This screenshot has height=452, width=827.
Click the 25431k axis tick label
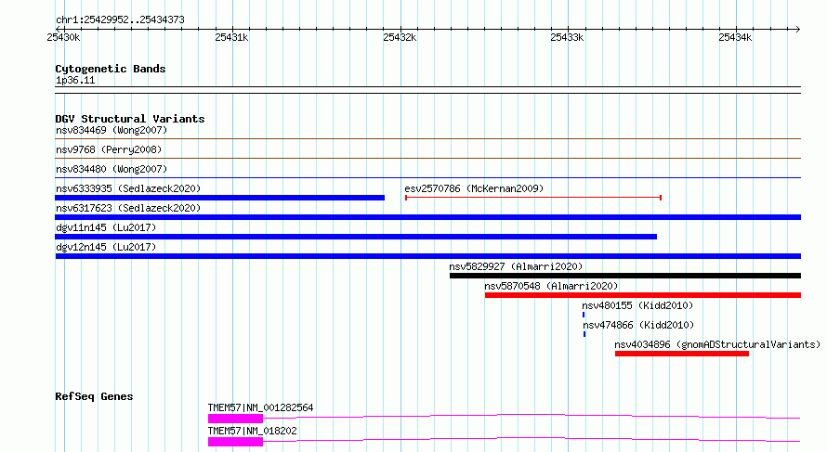tap(231, 37)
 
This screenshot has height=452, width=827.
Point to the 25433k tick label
tap(567, 37)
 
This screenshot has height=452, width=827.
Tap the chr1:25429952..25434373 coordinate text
tap(120, 20)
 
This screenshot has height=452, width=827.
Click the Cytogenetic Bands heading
tap(111, 69)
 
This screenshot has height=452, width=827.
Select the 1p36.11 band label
tap(75, 80)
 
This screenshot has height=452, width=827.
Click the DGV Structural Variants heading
tap(130, 119)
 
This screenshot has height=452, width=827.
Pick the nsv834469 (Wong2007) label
tap(112, 130)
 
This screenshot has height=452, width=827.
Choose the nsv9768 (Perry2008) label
tap(109, 149)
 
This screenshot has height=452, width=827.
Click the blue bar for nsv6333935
tap(219, 198)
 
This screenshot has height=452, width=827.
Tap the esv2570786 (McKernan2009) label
tap(474, 188)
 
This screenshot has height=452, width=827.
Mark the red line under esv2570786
tap(533, 198)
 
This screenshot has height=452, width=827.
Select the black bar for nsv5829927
tap(625, 276)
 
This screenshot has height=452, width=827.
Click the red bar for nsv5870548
tap(643, 295)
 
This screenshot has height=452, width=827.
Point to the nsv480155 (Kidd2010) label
tap(637, 305)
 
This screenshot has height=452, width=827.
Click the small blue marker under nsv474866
tap(584, 334)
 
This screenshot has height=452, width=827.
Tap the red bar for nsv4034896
tap(682, 354)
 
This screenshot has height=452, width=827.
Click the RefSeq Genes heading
tap(94, 396)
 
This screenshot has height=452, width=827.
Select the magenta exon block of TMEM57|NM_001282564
tap(235, 419)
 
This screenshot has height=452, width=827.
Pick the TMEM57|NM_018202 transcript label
tap(252, 431)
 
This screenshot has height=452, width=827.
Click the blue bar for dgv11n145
tap(356, 237)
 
